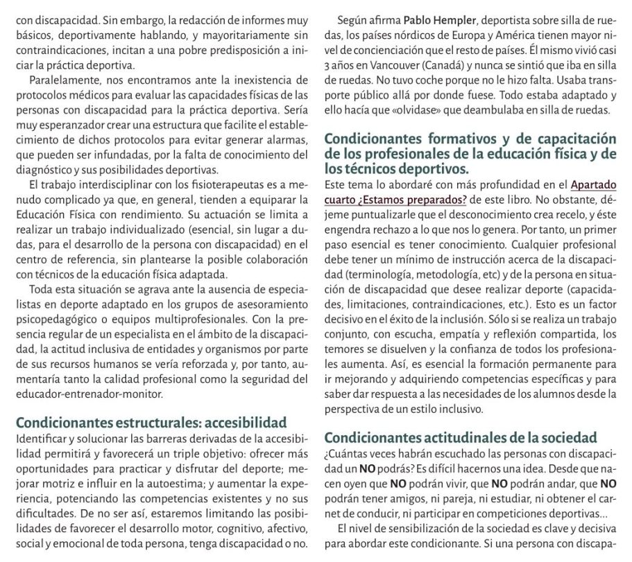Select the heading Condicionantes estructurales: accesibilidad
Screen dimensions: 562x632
(x=151, y=422)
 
